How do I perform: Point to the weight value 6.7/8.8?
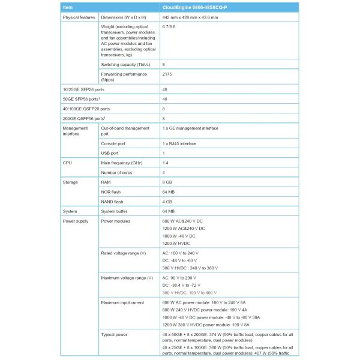point(170,28)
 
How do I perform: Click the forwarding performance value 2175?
point(169,74)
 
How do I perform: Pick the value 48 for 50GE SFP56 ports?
point(165,99)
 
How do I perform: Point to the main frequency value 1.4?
point(166,163)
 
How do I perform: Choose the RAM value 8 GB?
point(168,182)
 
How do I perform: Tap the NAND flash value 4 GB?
point(168,202)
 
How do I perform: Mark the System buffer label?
point(117,211)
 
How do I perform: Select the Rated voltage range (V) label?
point(124,253)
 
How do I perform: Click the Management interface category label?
point(76,131)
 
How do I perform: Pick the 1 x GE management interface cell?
point(190,128)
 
